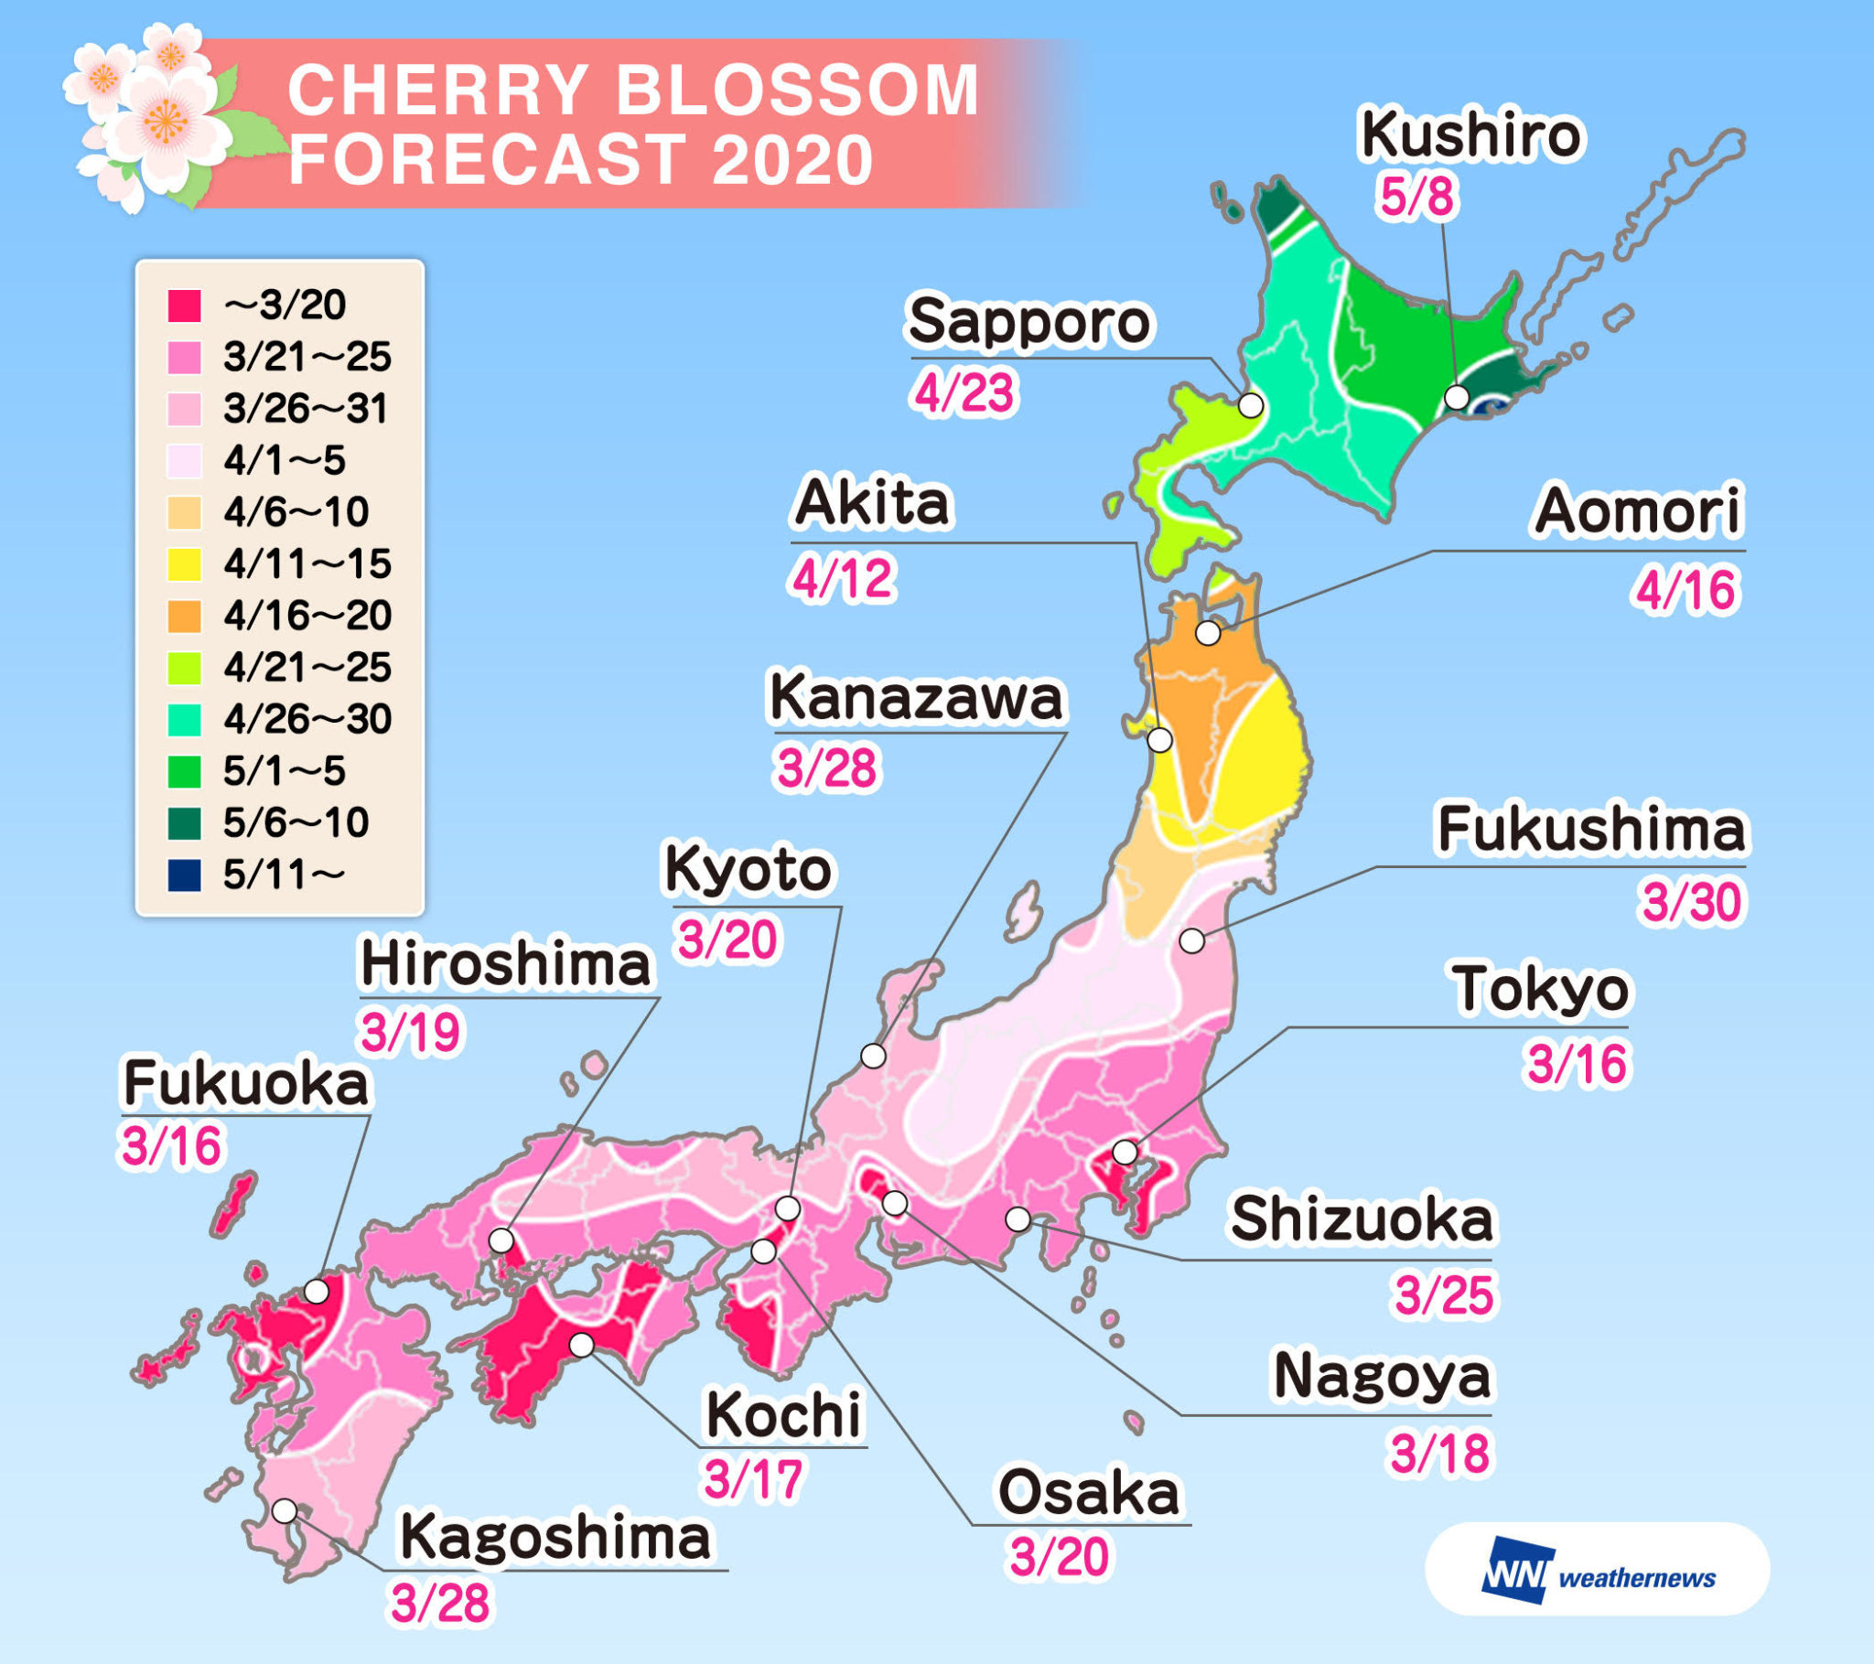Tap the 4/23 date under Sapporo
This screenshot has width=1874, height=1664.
[x=964, y=393]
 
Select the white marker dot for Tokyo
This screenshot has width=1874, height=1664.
[x=1124, y=1152]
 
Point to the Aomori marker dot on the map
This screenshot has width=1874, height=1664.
[x=1209, y=633]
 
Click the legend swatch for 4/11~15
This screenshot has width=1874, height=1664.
[x=184, y=564]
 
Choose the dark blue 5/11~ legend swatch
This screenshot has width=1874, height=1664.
[x=184, y=875]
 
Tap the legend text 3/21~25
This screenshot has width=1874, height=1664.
[x=307, y=357]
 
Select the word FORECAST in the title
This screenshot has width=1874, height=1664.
[x=487, y=159]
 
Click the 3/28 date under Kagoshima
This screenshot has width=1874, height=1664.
[x=440, y=1604]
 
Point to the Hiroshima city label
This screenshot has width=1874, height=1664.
[x=505, y=965]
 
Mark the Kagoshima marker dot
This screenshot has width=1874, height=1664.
[x=285, y=1510]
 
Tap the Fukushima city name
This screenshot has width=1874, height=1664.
[x=1590, y=830]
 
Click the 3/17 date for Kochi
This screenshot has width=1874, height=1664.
[x=754, y=1479]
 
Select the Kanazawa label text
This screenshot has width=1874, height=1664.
[x=916, y=699]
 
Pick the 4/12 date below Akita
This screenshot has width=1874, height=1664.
[x=842, y=578]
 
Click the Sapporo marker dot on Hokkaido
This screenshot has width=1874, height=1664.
[x=1251, y=405]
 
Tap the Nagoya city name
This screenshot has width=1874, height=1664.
[x=1382, y=1376]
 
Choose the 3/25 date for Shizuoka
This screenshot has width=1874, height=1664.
[x=1444, y=1295]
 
